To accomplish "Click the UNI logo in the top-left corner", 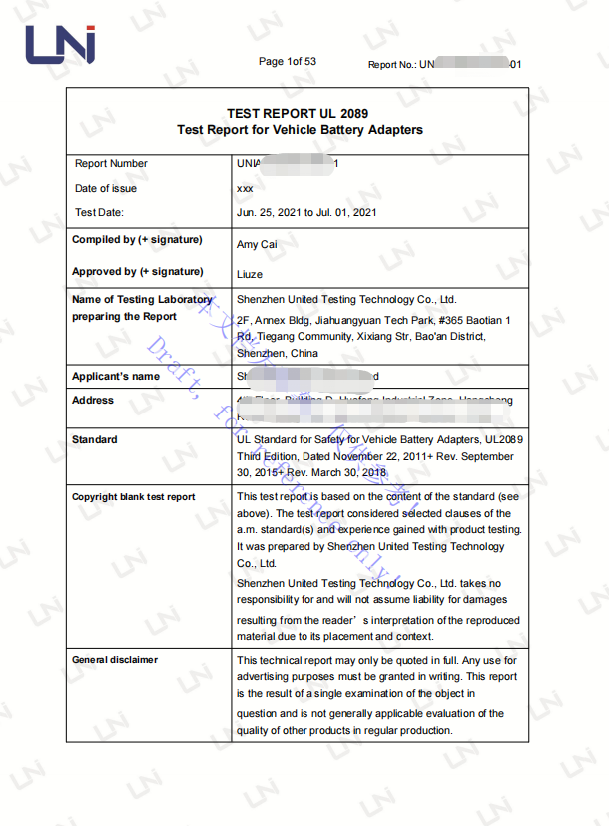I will coord(60,45).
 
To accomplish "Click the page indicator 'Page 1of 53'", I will coord(287,62).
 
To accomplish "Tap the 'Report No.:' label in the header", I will coord(392,65).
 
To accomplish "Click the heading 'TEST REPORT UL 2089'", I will coord(298,114).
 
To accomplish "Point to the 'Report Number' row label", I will coord(111,164).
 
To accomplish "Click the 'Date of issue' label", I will coord(106,189).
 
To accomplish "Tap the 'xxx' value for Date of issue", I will coord(245,189).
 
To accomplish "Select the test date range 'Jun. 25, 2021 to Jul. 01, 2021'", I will coord(306,213).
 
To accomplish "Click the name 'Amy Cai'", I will coord(257,245).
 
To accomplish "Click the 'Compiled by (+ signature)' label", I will coord(137,240).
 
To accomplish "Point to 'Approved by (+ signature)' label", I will coord(137,272).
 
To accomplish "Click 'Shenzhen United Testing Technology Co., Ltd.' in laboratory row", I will coord(345,300).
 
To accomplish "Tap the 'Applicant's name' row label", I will coord(115,377).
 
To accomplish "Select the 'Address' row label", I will coord(93,401).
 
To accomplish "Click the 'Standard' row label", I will coord(94,440).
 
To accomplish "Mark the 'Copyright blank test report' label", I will coord(133,497).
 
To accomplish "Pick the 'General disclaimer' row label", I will coord(114,660).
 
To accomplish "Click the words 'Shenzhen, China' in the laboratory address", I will coord(278,354).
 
